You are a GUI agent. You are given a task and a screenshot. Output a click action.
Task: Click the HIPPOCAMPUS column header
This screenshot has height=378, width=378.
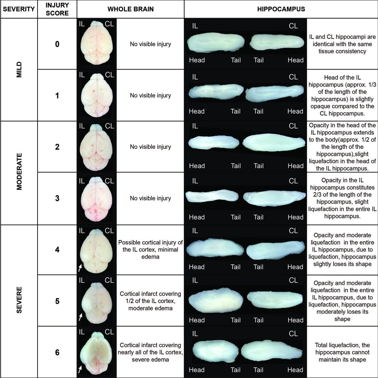pyautogui.click(x=281, y=9)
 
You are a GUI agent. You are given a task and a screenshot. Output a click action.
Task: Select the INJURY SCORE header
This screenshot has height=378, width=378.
pyautogui.click(x=57, y=9)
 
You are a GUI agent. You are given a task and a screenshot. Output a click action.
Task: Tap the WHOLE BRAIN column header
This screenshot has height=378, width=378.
pyautogui.click(x=130, y=9)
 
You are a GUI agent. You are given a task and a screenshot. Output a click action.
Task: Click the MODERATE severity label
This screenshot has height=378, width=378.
pyautogui.click(x=19, y=172)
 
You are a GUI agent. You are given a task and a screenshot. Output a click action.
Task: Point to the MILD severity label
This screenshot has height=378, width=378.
pyautogui.click(x=19, y=70)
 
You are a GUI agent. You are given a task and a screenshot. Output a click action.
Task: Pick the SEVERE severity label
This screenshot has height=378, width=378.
pyautogui.click(x=19, y=300)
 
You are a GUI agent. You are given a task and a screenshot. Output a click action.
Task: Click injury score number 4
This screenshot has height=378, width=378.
pyautogui.click(x=57, y=249)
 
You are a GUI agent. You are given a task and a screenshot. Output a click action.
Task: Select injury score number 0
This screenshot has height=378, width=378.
pyautogui.click(x=57, y=44)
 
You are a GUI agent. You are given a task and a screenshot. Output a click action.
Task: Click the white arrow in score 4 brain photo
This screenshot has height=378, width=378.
pyautogui.click(x=80, y=268)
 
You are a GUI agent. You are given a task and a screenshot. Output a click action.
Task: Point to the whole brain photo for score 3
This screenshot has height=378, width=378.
pyautogui.click(x=96, y=199)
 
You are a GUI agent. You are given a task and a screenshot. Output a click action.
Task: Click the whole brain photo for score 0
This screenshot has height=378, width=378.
pyautogui.click(x=96, y=43)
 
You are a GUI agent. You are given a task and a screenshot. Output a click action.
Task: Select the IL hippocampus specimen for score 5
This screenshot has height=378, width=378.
pyautogui.click(x=216, y=301)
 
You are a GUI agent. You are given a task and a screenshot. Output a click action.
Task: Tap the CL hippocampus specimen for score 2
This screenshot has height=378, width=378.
pyautogui.click(x=274, y=143)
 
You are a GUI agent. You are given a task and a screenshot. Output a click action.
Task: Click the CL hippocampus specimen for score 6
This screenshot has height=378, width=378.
pyautogui.click(x=272, y=352)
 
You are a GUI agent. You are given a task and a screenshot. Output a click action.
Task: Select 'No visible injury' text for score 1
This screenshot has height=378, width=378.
pyautogui.click(x=151, y=95)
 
